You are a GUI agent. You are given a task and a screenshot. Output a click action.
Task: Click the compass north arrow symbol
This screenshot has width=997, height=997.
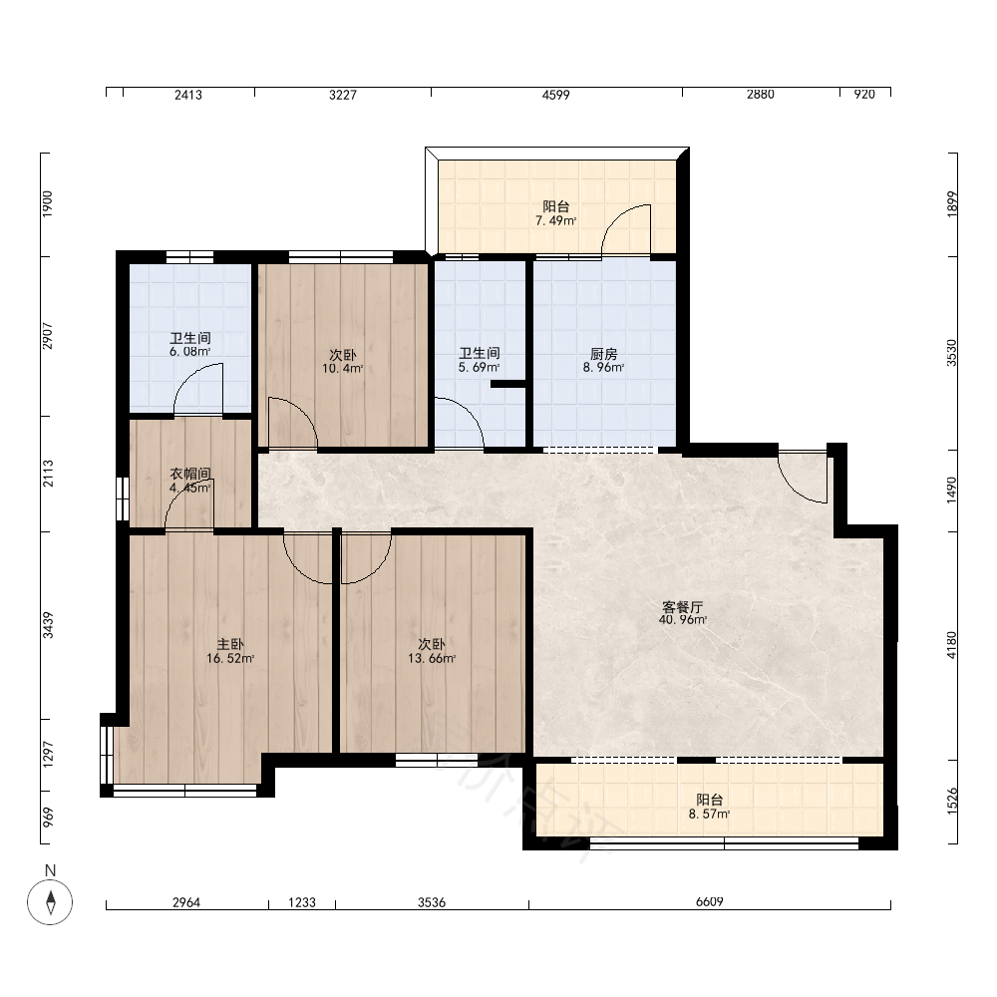[x=50, y=901]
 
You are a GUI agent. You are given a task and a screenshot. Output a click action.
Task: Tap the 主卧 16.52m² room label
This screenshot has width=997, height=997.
[x=230, y=652]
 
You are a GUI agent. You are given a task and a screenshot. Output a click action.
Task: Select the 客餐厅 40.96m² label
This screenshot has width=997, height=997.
[x=683, y=613]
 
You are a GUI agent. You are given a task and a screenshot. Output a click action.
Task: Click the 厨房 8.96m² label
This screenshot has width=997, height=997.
[x=603, y=361]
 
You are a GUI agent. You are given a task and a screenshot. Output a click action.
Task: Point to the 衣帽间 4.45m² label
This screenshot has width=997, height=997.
[x=190, y=482]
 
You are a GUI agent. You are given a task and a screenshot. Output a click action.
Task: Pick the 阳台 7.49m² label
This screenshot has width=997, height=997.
[x=555, y=213]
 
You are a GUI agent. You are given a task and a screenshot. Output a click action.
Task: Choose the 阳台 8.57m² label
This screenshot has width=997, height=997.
[x=709, y=807]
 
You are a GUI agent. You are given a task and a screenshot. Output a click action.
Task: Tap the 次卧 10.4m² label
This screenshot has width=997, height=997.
[x=342, y=361]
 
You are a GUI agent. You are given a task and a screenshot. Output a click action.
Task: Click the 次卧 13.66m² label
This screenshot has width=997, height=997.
[x=432, y=652]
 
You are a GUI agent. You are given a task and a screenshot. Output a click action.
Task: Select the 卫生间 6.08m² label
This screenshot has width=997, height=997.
[x=190, y=345]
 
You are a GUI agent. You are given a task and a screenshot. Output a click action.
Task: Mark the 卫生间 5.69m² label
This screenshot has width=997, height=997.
[x=479, y=360]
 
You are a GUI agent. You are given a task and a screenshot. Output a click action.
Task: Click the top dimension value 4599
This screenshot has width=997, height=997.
[x=555, y=95]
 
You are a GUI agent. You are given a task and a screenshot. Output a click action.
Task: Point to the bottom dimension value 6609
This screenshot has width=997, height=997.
[x=710, y=901]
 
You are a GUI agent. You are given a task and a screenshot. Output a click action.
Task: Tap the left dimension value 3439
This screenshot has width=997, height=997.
[x=48, y=625]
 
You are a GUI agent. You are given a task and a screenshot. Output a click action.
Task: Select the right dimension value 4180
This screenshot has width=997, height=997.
[x=951, y=645]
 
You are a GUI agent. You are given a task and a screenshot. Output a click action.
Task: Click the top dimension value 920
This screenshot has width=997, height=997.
[x=864, y=95]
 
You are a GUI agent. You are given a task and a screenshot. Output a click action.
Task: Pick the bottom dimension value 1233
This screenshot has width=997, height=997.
[x=302, y=902]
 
